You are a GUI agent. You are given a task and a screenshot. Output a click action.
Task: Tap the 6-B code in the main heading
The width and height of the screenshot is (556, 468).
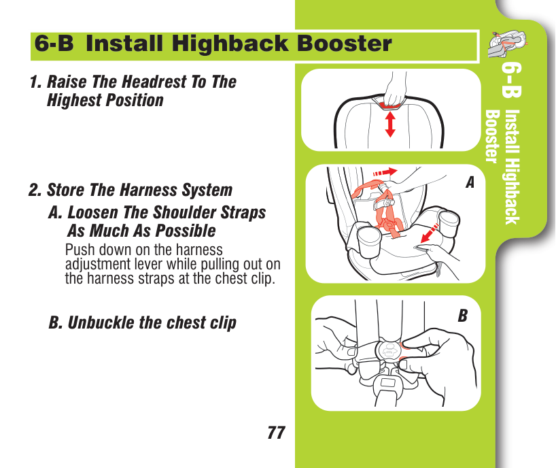(x=54, y=44)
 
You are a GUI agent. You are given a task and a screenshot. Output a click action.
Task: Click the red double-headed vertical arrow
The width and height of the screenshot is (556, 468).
(x=390, y=124)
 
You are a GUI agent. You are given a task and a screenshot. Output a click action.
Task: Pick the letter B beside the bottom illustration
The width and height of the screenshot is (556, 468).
(x=463, y=316)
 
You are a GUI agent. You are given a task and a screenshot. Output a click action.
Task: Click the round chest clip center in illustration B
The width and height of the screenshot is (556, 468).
(x=388, y=352)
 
